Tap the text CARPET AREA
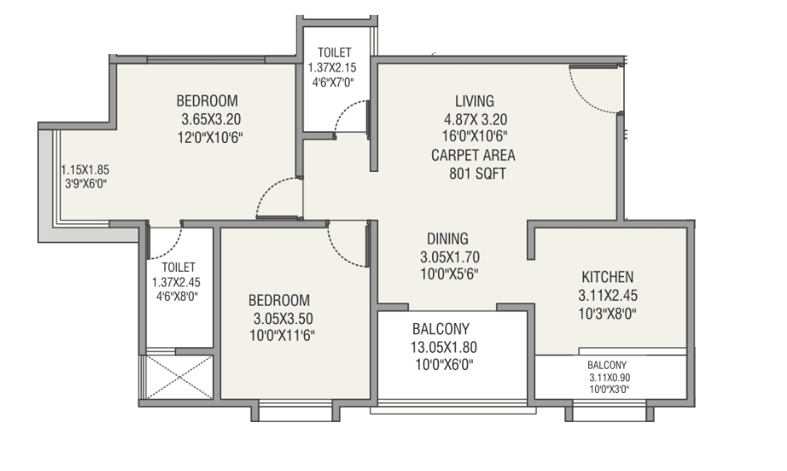473,155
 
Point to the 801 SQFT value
473,174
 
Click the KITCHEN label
607,277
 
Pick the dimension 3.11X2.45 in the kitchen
607,295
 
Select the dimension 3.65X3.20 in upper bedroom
210,119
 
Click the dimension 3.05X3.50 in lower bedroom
281,318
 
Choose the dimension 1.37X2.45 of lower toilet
178,282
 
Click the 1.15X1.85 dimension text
85,169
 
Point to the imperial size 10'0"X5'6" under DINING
450,274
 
